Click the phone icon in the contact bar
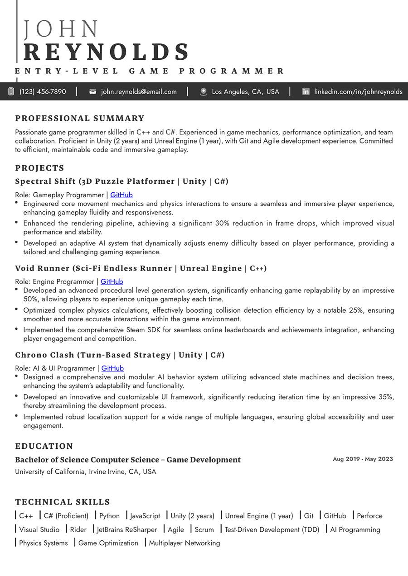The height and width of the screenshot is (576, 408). coord(11,91)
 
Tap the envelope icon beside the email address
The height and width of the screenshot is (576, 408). coord(93,91)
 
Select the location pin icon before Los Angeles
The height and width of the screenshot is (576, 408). coord(204,91)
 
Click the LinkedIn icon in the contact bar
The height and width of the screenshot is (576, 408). coord(306,91)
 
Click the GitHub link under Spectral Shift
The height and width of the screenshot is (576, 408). coord(121,195)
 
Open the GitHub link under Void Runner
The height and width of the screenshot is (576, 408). coord(112,281)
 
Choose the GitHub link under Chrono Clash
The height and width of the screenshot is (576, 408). coord(112,368)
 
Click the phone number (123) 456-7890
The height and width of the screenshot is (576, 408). coord(43,91)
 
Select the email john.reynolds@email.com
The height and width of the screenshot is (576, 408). coord(139,91)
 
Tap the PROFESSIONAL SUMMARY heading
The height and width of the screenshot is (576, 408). coord(80,119)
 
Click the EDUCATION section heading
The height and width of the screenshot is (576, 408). coord(44,446)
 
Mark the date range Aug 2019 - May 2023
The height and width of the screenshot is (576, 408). coord(363,459)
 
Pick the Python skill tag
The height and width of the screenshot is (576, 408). coord(109,516)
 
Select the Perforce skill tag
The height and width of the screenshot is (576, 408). coord(369,516)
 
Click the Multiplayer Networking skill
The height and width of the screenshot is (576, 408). coord(185,543)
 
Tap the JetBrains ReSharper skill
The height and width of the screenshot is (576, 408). coord(127,529)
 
